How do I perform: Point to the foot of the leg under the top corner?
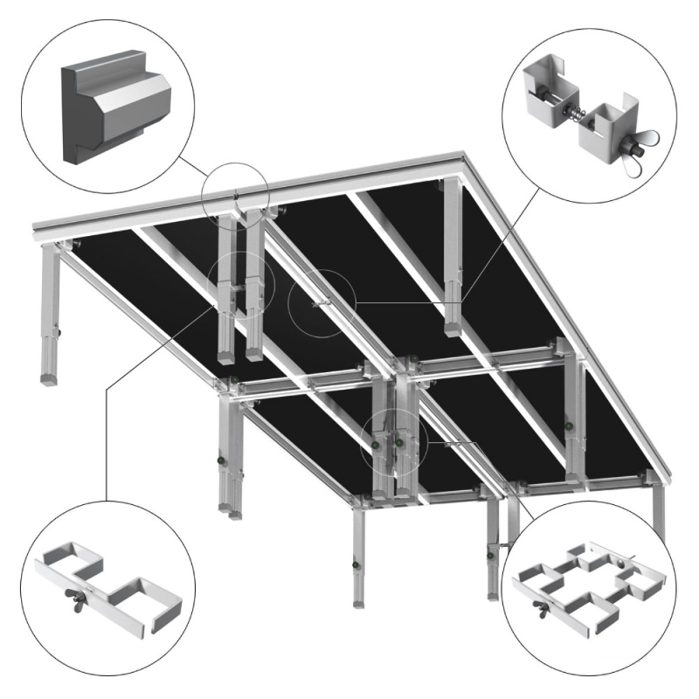[453, 329]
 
